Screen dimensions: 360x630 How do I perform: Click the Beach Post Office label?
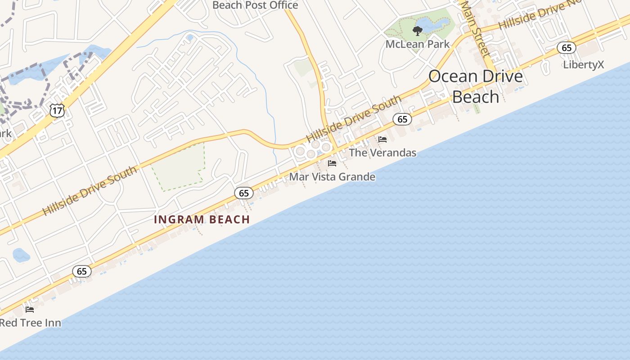pyautogui.click(x=255, y=5)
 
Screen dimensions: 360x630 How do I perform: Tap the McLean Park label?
pyautogui.click(x=418, y=44)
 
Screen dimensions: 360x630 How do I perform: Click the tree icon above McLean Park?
pyautogui.click(x=418, y=31)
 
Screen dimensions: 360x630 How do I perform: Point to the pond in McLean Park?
pyautogui.click(x=432, y=23)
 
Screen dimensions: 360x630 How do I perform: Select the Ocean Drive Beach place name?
pyautogui.click(x=476, y=86)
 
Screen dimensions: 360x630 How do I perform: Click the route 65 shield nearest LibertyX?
pyautogui.click(x=567, y=48)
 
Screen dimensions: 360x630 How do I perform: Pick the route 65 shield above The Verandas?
pyautogui.click(x=402, y=119)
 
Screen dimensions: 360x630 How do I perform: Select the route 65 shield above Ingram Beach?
pyautogui.click(x=244, y=193)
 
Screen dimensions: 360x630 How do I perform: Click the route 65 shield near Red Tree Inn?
pyautogui.click(x=82, y=271)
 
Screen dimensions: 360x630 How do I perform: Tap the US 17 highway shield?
pyautogui.click(x=57, y=110)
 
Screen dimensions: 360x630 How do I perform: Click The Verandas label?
pyautogui.click(x=382, y=153)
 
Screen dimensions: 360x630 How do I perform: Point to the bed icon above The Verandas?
pyautogui.click(x=382, y=139)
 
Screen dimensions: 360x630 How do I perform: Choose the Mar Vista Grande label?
pyautogui.click(x=332, y=177)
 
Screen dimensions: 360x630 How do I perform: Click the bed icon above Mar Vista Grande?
pyautogui.click(x=332, y=163)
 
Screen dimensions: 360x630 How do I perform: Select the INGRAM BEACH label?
pyautogui.click(x=202, y=220)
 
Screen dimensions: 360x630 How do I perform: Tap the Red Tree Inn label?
pyautogui.click(x=30, y=323)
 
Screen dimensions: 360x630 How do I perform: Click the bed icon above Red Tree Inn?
pyautogui.click(x=30, y=310)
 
